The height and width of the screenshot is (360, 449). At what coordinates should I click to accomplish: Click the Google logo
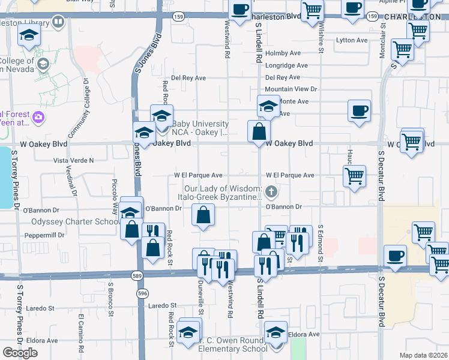click(20, 353)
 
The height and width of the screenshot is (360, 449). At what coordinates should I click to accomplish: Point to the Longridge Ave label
click(286, 65)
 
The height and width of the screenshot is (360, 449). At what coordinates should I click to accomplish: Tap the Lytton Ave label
click(352, 40)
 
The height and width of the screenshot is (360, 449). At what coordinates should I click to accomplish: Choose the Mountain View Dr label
click(291, 89)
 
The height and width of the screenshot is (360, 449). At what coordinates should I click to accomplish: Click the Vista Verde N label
click(74, 160)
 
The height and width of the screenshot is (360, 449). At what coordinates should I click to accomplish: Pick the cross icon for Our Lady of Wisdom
click(271, 193)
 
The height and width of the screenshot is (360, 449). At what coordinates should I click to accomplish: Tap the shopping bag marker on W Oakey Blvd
click(259, 131)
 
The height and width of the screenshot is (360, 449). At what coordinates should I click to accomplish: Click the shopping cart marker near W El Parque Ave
click(354, 176)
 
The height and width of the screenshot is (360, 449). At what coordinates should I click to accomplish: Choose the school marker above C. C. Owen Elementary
click(276, 332)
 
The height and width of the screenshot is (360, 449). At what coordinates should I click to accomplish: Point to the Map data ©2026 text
click(423, 355)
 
